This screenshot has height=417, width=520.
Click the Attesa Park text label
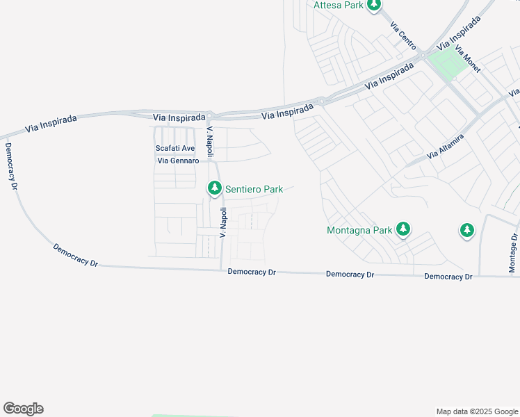coord(339,5)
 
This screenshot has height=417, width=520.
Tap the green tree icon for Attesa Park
coord(375,6)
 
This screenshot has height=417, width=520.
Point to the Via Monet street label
coord(468,60)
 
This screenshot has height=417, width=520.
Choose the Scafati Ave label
coord(174,149)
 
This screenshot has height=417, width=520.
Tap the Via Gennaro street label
coord(178,161)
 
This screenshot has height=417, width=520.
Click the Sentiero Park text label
coord(254,188)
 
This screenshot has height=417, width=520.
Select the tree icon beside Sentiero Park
coord(215,188)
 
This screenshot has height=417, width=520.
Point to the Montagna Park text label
coord(359,229)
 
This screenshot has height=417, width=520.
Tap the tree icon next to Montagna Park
coord(403,229)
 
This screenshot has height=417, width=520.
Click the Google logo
coord(23,409)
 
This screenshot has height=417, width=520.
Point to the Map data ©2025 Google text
coord(477,411)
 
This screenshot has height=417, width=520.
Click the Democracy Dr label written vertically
coord(10,161)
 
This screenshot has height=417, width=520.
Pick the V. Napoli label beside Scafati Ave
coord(209,142)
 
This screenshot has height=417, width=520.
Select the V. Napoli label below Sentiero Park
coord(224,222)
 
